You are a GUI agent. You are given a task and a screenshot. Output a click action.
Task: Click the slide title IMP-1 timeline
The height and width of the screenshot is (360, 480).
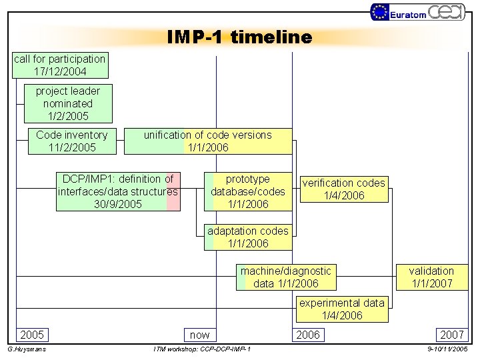239,37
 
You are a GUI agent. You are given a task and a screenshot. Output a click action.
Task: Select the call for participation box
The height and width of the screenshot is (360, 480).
60,65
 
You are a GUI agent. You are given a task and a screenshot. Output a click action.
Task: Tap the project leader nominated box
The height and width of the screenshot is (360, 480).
68,104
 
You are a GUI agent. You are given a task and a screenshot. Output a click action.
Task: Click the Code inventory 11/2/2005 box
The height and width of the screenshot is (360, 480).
72,141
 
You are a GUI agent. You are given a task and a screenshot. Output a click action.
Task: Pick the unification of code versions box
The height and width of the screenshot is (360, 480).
208,141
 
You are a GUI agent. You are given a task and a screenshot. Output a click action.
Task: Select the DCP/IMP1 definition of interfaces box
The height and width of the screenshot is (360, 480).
118,192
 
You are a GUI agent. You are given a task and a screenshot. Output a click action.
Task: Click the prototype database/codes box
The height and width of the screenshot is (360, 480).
248,192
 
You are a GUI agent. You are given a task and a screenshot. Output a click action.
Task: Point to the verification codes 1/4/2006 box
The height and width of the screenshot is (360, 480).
344,189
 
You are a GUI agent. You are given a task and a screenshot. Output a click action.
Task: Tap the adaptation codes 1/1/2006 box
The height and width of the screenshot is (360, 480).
248,237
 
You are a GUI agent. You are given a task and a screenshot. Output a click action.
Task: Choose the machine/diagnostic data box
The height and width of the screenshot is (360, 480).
285,277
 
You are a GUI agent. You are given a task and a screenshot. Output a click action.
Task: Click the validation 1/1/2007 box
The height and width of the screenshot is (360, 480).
431,277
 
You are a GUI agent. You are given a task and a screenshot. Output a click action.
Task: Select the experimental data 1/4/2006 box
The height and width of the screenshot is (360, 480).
342,309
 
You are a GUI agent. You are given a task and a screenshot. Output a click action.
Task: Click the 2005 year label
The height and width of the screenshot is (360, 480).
32,335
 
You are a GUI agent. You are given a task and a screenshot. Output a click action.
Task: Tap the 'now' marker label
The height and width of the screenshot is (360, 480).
199,335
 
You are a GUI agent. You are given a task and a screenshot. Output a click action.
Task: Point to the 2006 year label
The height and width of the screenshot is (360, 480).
307,335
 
